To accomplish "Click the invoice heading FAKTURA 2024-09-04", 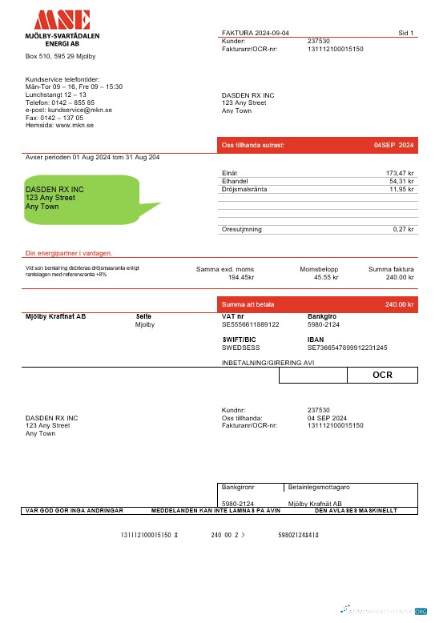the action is pyautogui.click(x=256, y=33).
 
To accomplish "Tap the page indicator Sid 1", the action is pyautogui.click(x=405, y=33).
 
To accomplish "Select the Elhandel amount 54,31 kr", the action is pyautogui.click(x=401, y=181).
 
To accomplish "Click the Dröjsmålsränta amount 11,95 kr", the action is pyautogui.click(x=401, y=189).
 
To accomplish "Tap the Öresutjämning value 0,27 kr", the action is pyautogui.click(x=403, y=229).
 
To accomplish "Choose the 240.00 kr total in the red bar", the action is pyautogui.click(x=399, y=304).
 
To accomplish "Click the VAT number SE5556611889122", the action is pyautogui.click(x=250, y=324).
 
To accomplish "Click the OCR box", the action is pyautogui.click(x=382, y=375).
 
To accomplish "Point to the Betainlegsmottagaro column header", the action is pyautogui.click(x=318, y=487).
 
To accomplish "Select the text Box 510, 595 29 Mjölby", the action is pyautogui.click(x=61, y=56).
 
